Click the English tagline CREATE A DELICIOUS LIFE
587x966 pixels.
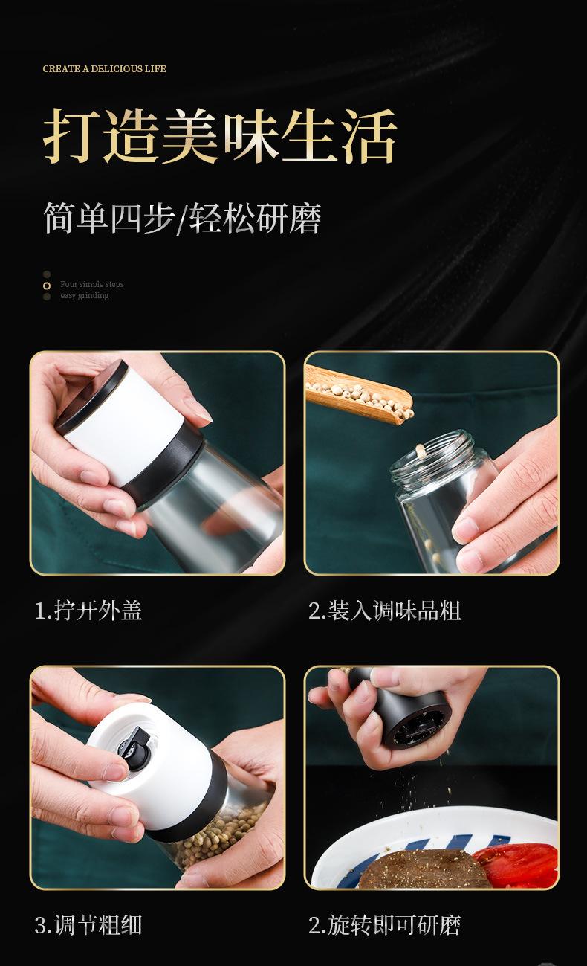[x=104, y=68]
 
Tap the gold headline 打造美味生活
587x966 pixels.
[x=220, y=136]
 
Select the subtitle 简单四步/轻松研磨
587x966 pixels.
[x=182, y=218]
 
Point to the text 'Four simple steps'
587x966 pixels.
[x=92, y=284]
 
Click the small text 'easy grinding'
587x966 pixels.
[x=85, y=295]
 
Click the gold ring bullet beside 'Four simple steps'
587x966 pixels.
[x=47, y=286]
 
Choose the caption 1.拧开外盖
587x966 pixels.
[x=88, y=611]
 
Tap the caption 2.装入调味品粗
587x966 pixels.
[x=385, y=611]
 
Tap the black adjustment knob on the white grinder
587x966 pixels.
[x=135, y=746]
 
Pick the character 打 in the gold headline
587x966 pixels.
[x=70, y=136]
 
